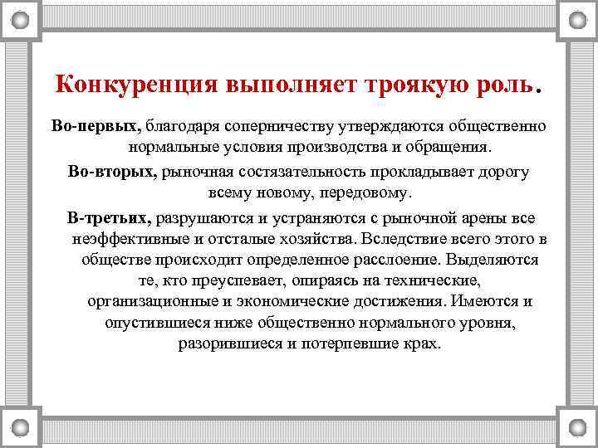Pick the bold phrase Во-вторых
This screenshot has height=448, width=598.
coord(114,172)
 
